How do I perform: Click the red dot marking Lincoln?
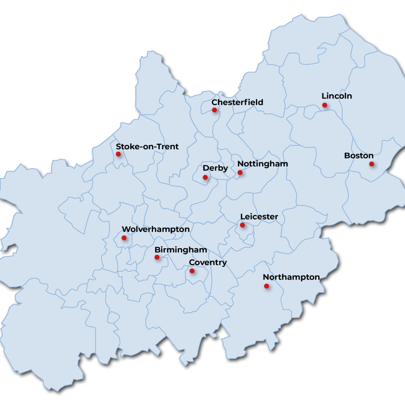324,105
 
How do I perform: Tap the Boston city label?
358,156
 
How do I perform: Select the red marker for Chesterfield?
214,110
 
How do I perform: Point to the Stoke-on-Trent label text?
147,147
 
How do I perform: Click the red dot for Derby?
205,177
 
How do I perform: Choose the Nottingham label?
262,164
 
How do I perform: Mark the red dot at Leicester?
242,225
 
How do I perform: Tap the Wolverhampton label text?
156,230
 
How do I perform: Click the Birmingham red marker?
157,257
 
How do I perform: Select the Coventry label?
208,262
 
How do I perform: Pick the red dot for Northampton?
266,286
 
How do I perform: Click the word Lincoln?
337,96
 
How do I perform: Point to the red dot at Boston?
371,164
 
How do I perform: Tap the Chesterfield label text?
237,102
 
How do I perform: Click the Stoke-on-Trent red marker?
118,154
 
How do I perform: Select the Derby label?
215,168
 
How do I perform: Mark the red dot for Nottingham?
240,173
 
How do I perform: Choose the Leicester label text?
259,217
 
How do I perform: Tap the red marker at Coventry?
192,271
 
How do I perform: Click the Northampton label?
291,277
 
